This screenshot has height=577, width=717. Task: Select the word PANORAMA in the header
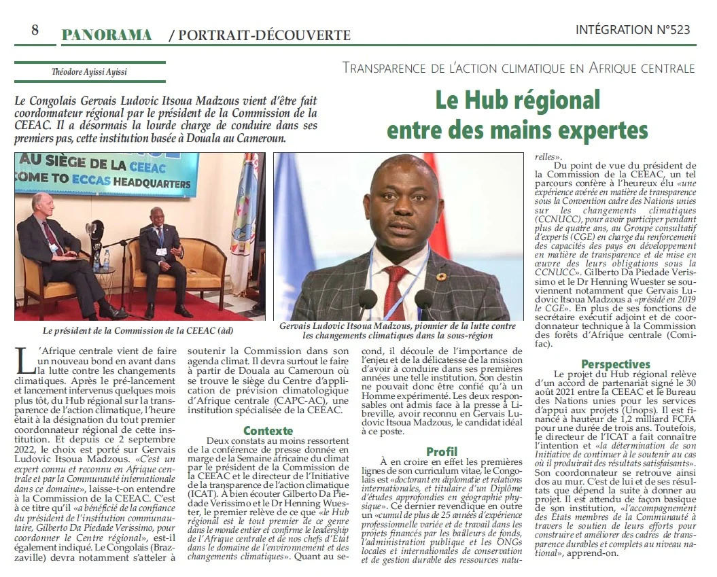point(106,34)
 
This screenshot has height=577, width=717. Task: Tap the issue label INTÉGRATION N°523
point(632,30)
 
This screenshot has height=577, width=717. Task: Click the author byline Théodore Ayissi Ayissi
point(88,71)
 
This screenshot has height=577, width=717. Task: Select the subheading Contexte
point(268,431)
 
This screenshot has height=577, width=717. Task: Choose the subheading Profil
point(442,451)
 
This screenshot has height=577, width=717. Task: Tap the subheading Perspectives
point(616,364)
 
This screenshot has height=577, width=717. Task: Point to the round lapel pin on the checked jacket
point(440,277)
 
